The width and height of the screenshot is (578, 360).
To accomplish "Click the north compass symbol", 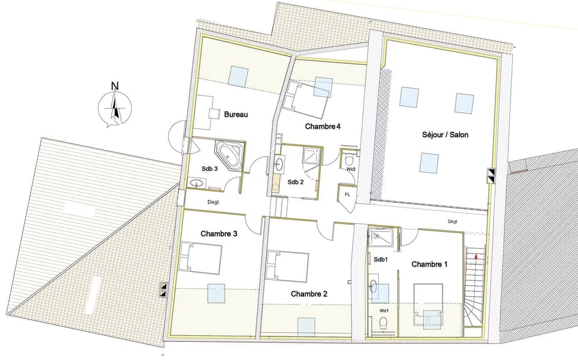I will [x=114, y=107].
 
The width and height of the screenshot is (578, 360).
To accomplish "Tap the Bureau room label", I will [x=236, y=114].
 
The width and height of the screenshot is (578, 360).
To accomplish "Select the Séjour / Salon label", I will [x=445, y=135].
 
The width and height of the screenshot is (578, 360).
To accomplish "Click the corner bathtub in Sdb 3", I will [x=230, y=155].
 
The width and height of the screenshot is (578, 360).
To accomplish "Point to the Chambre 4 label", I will [x=323, y=126].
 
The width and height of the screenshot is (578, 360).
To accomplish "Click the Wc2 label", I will [x=351, y=170].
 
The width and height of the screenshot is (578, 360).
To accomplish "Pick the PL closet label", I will [x=347, y=194].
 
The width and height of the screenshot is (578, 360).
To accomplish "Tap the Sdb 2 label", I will [x=295, y=182].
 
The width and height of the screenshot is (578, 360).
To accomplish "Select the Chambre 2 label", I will [x=309, y=294].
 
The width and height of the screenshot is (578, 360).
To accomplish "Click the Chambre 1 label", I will [x=429, y=264].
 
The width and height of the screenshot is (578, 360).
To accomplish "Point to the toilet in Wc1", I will [x=383, y=324].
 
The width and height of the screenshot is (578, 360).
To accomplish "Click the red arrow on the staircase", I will [x=476, y=255].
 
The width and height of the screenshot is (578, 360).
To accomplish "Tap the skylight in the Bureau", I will [x=238, y=76].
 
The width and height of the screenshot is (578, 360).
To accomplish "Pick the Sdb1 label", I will [x=380, y=259].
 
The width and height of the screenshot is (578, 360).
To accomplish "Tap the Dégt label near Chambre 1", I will [x=452, y=222].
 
